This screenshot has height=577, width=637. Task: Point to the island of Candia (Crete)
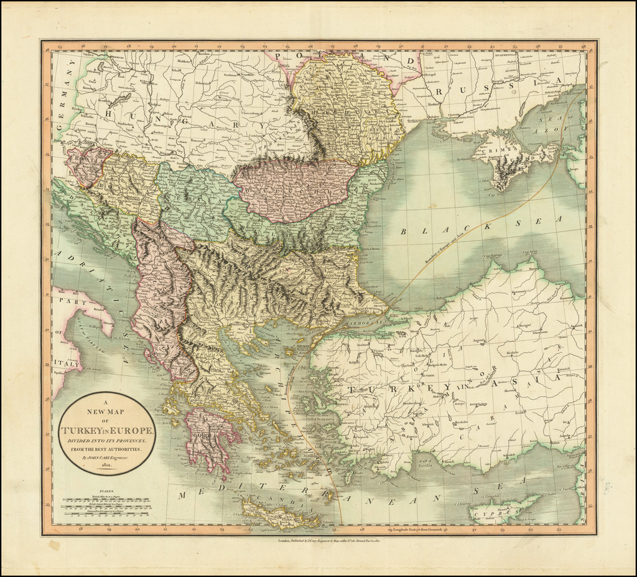point(280,514)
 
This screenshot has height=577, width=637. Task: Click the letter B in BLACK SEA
point(402,231)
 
